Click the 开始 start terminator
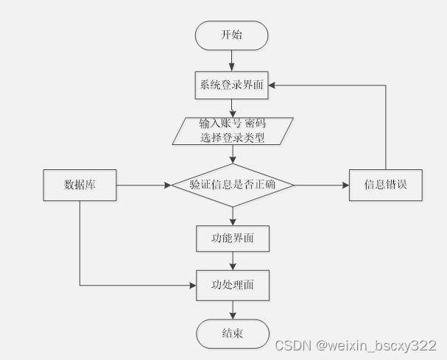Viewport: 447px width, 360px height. click(x=231, y=35)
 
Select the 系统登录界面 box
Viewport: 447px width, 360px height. click(x=231, y=85)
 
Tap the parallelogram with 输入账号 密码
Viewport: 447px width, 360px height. click(x=233, y=131)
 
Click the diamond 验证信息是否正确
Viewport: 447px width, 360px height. click(x=233, y=186)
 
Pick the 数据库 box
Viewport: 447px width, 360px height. click(x=80, y=186)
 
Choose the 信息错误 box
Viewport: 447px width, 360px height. click(x=386, y=186)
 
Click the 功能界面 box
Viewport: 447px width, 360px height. click(x=233, y=239)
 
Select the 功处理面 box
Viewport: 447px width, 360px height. click(x=233, y=286)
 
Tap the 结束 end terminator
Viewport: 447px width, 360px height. click(x=233, y=333)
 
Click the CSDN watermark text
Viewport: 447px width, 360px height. click(x=356, y=345)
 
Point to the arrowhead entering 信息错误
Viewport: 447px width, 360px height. click(x=346, y=186)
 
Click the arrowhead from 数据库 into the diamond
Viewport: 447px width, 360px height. click(x=168, y=186)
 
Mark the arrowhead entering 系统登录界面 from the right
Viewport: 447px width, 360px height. click(x=272, y=85)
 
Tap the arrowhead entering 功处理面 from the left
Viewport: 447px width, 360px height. click(x=193, y=286)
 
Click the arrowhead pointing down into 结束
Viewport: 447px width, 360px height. click(x=233, y=316)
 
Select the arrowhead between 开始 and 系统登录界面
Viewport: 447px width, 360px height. click(x=231, y=68)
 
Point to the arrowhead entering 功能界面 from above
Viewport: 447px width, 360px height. click(x=233, y=222)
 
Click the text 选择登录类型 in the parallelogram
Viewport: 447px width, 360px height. click(x=233, y=138)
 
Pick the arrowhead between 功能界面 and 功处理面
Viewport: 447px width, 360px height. click(x=233, y=267)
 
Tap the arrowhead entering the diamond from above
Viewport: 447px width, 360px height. click(x=233, y=160)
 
